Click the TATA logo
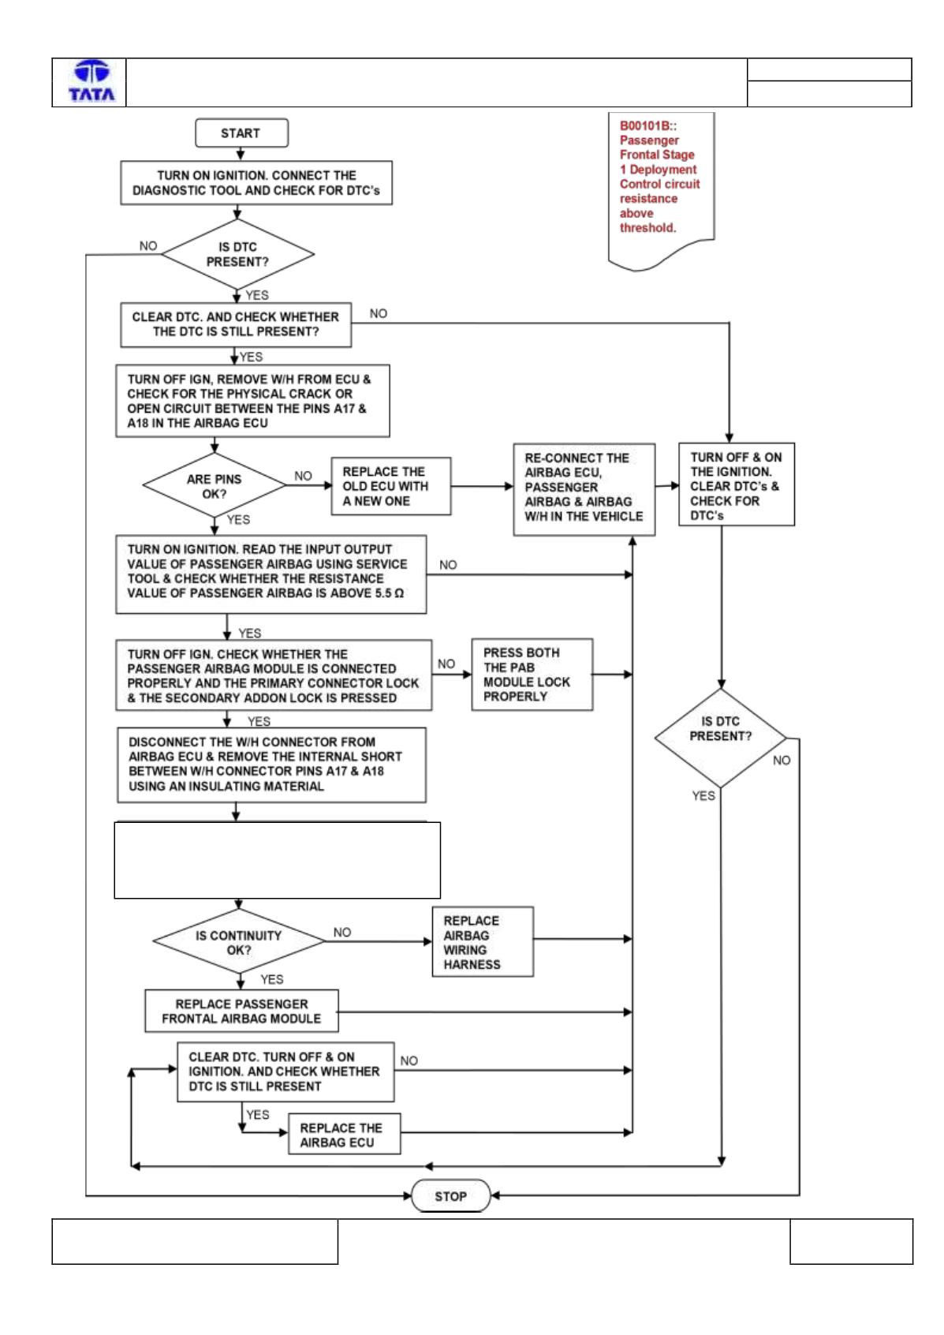tap(91, 81)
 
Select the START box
tap(241, 133)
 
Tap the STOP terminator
tap(451, 1195)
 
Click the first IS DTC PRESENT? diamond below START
tap(237, 255)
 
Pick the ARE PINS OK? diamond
tap(215, 486)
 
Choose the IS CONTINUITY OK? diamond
tap(239, 942)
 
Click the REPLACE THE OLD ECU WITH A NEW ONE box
tap(390, 486)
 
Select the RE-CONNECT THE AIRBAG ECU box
tap(584, 489)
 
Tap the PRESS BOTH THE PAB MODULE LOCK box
tap(532, 675)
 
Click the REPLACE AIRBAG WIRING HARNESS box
tap(483, 942)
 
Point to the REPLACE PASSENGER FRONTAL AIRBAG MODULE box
tap(242, 1012)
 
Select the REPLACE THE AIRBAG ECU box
tap(345, 1135)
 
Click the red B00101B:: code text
tap(648, 125)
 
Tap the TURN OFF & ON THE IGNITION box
tap(737, 484)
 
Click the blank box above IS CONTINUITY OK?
tap(278, 860)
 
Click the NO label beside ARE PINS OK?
tap(303, 476)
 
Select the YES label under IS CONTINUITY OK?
tap(271, 979)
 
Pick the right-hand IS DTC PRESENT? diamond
tap(721, 738)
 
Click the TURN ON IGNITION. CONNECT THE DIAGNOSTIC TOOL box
tap(256, 183)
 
